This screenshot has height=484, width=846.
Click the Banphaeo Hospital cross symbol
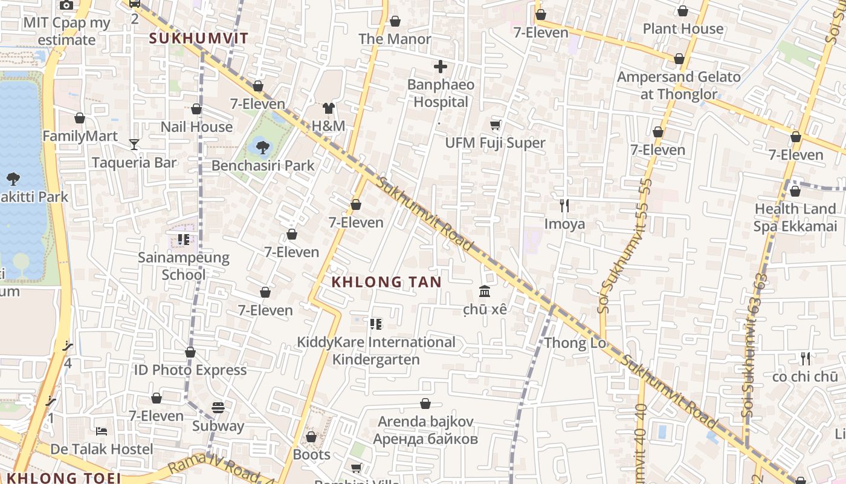[441, 67]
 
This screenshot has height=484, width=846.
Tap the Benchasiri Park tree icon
[262, 146]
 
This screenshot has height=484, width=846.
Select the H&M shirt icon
[328, 108]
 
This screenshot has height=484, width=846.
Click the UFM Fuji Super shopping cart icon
[495, 125]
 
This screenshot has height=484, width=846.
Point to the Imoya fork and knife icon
[564, 206]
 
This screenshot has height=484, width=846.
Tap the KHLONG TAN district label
[386, 282]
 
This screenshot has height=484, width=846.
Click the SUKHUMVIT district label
[198, 38]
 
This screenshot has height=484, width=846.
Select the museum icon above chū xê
[484, 292]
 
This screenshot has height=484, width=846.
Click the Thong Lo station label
[575, 344]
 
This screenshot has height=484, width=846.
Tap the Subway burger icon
[218, 408]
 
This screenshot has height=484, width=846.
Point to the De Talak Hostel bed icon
[102, 431]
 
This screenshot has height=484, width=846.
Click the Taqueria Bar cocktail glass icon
[134, 144]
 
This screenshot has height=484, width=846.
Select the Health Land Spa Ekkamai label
[794, 217]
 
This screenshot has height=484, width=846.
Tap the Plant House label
[682, 29]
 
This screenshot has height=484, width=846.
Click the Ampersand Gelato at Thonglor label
[679, 85]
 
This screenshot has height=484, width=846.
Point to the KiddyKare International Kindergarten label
[376, 351]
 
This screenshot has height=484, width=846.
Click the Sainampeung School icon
[184, 240]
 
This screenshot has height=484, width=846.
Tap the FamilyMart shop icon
[80, 118]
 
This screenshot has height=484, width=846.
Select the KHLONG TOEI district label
[64, 478]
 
